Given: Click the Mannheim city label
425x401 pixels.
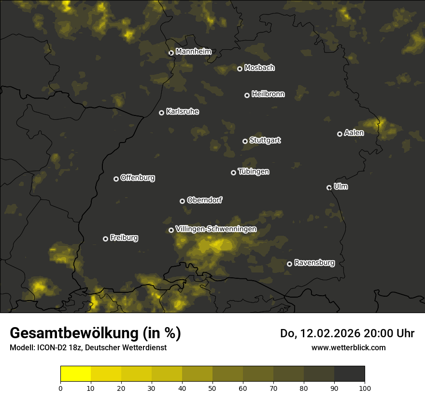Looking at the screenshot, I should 193,52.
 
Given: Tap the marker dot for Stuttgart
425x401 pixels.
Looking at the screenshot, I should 245,141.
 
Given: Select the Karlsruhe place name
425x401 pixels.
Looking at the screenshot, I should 182,112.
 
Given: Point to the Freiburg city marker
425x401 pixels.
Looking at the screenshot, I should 105,239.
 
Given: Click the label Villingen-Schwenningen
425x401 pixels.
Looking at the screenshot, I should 216,229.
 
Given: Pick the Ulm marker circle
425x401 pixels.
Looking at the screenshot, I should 329,187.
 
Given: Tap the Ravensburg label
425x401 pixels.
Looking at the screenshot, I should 314,263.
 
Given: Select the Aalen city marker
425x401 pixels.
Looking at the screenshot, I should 340,134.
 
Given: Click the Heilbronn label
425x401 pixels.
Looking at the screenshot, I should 268,94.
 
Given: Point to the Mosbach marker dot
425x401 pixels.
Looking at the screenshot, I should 240,69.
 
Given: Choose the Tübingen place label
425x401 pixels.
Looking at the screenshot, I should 254,172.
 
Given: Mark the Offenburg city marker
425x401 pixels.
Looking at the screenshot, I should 116,179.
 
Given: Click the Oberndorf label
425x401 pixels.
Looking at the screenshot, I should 204,200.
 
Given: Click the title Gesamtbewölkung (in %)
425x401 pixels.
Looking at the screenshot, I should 95,333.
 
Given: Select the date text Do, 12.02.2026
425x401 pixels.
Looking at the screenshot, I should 321,333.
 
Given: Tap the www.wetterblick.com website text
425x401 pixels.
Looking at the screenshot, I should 348,347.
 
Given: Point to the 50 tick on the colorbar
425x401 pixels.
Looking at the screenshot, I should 212,387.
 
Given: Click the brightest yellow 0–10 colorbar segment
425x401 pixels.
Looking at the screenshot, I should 76,373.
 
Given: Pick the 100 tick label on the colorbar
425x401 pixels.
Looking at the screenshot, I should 365,387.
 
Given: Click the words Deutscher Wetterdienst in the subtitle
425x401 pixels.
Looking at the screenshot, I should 131,347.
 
